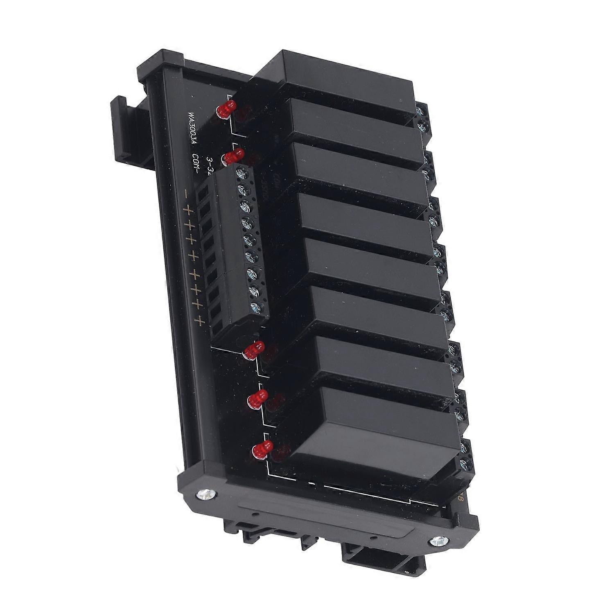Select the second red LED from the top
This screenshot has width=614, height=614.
point(234,156)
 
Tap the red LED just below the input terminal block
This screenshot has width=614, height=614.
point(254,351)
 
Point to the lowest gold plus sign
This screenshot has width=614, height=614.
point(199,321)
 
